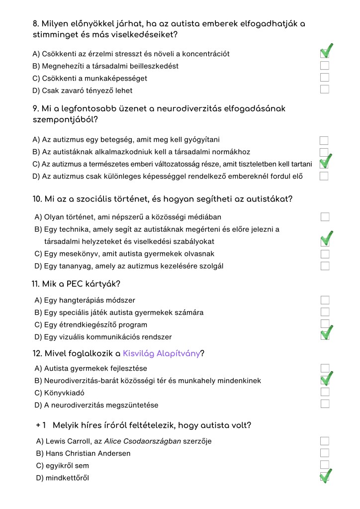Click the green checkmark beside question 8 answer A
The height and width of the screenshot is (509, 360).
click(326, 51)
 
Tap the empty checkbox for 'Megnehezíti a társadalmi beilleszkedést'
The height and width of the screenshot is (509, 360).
click(325, 65)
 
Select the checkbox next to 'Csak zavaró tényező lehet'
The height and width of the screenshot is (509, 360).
click(325, 90)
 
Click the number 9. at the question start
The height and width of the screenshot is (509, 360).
click(36, 108)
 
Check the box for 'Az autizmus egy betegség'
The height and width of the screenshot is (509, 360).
click(324, 141)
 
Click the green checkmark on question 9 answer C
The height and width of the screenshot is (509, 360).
click(326, 161)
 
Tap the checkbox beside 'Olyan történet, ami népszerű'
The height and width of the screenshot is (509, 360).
click(325, 217)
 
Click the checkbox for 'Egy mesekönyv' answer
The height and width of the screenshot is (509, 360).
click(325, 254)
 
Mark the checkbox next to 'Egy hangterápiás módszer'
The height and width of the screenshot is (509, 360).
click(325, 300)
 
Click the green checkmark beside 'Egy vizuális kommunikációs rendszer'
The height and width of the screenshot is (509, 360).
click(326, 333)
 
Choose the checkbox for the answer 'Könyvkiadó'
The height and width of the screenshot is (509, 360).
click(325, 392)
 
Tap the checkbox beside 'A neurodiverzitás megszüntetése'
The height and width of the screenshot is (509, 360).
click(325, 404)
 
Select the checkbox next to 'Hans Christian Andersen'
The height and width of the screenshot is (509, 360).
click(325, 453)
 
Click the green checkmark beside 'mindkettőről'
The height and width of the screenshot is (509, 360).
click(326, 476)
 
